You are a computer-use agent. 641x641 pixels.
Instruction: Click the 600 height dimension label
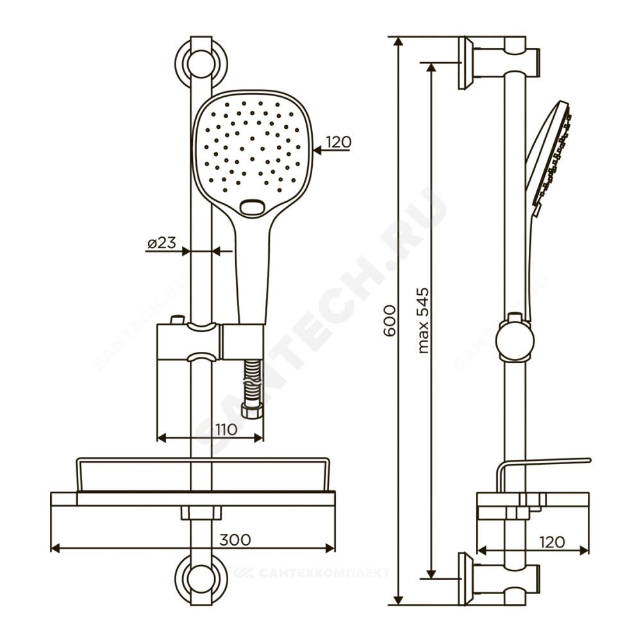390,320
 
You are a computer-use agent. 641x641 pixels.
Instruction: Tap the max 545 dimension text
423,320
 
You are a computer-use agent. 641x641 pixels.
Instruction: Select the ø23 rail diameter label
162,243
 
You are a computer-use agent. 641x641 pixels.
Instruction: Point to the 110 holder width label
226,429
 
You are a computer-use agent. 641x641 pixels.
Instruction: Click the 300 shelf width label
235,540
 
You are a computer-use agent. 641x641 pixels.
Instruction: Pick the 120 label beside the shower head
339,142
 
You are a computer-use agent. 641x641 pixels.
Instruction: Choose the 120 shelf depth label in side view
552,542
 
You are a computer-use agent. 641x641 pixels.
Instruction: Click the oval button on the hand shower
252,208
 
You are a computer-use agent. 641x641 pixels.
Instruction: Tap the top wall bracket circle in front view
201,63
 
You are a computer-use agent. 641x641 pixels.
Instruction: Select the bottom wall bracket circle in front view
201,578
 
